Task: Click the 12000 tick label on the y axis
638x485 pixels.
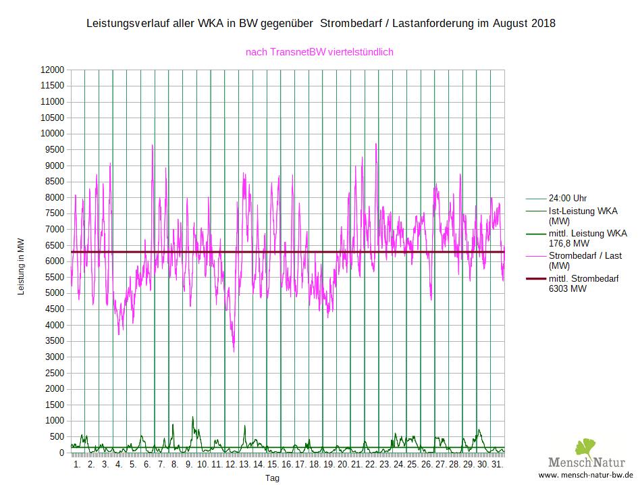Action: click(53, 70)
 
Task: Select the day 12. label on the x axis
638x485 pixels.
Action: click(231, 465)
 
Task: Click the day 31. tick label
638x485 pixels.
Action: click(497, 465)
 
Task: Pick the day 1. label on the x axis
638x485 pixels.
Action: click(77, 465)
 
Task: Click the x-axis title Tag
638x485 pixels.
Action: click(272, 478)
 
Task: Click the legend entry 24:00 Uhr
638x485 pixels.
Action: click(567, 199)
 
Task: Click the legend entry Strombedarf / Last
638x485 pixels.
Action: click(585, 256)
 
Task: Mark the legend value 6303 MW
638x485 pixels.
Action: click(567, 288)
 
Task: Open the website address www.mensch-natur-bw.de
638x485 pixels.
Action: click(586, 475)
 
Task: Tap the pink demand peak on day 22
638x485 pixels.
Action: click(376, 144)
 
